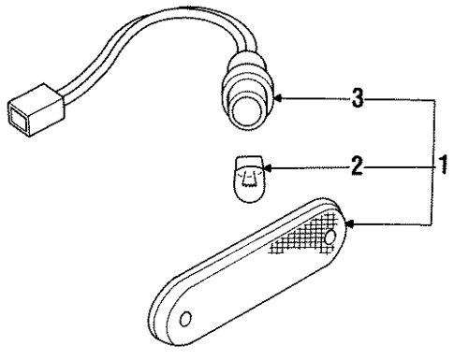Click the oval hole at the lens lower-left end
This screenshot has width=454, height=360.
tap(185, 320)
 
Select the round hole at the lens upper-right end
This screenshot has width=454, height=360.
tap(330, 238)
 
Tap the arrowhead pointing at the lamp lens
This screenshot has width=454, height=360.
tap(350, 223)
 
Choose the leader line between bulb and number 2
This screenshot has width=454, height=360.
tap(309, 168)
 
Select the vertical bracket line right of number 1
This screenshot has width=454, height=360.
tap(431, 159)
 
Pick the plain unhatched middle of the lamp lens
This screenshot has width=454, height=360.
tap(234, 281)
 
